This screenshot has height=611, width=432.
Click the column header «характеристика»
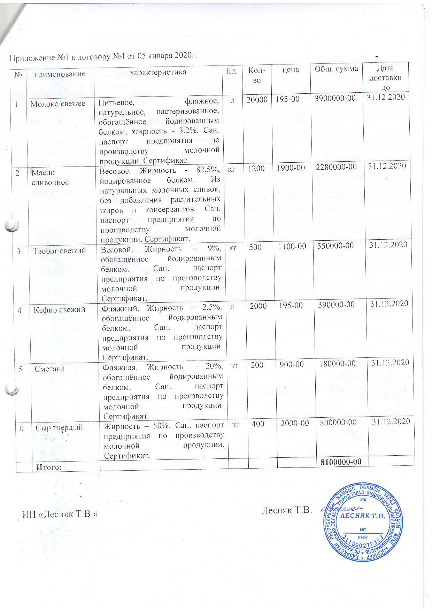[159, 72]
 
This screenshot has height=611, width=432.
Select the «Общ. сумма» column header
[336, 69]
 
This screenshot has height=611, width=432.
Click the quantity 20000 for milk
[257, 100]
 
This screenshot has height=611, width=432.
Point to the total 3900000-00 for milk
[335, 98]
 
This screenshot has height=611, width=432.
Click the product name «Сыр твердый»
[59, 427]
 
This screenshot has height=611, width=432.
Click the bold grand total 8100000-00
[340, 462]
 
